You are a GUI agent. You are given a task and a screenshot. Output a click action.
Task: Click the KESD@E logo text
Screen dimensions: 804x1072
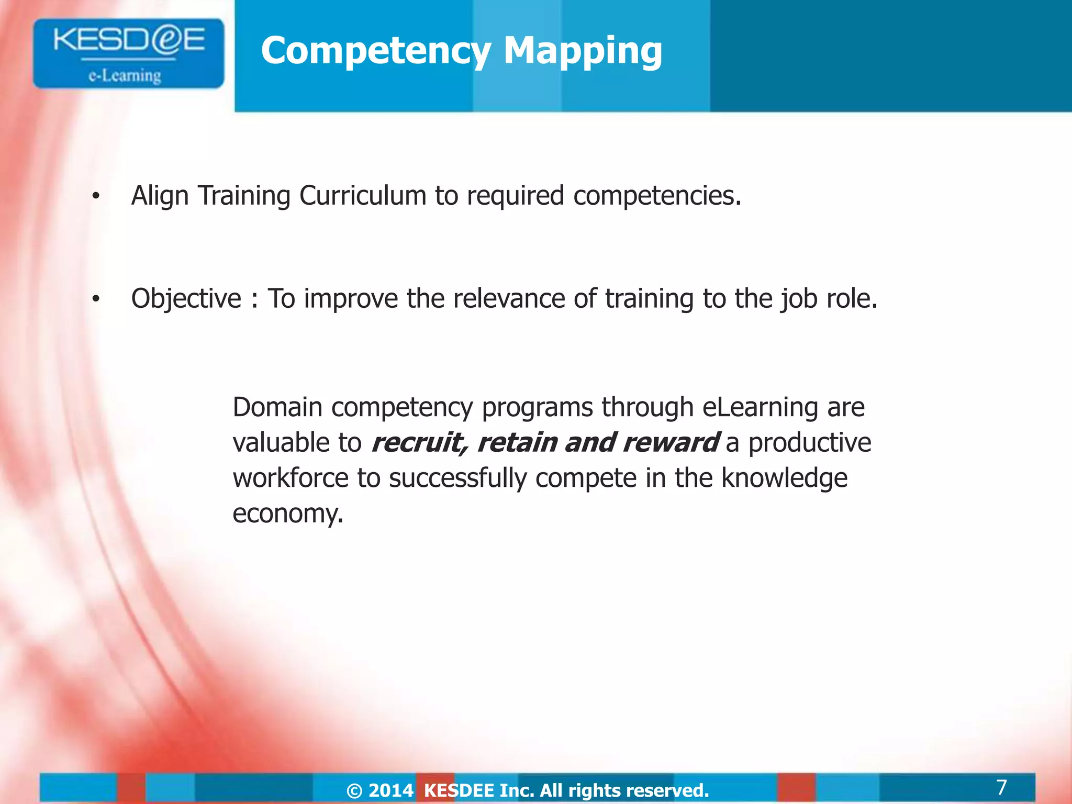pos(129,40)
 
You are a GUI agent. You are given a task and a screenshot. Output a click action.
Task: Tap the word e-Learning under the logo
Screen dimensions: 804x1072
pos(125,76)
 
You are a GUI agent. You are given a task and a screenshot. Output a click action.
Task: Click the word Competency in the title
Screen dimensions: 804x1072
pos(375,51)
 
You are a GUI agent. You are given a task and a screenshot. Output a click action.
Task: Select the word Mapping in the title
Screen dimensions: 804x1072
pos(583,51)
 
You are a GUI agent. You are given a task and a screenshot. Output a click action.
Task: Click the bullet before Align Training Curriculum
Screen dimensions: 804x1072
pos(95,197)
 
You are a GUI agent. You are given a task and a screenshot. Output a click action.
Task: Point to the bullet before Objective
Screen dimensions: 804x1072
pos(95,300)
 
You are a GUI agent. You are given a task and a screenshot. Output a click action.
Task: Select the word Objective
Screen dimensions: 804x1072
pos(186,299)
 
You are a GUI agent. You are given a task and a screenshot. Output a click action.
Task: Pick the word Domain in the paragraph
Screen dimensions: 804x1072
pos(277,407)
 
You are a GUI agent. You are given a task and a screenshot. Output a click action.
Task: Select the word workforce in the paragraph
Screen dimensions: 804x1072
pos(290,478)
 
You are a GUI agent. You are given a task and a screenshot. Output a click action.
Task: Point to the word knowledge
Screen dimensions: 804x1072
pos(784,478)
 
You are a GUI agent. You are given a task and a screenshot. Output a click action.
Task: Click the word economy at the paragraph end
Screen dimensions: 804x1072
pos(287,513)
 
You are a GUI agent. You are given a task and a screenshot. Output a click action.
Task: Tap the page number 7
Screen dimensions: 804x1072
pos(1001,787)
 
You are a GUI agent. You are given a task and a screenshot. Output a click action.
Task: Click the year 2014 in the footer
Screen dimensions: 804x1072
pos(391,790)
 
